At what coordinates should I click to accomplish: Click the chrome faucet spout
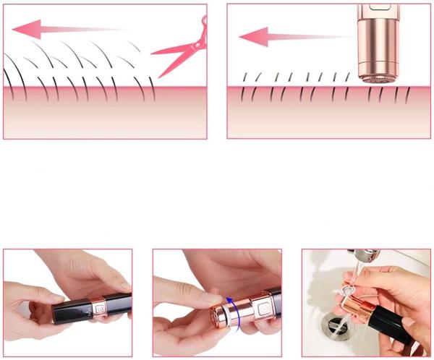click(x=366, y=254)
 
